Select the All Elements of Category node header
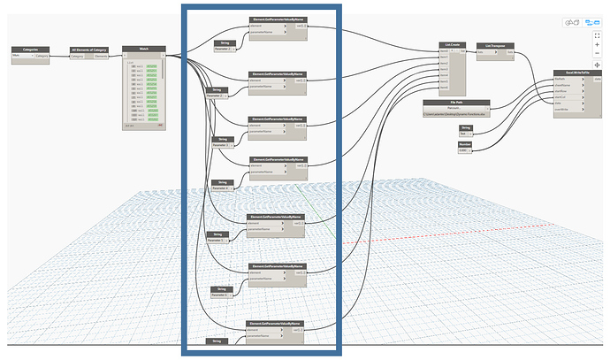tap(89, 50)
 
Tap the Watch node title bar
tap(142, 50)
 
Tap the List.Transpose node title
tap(495, 44)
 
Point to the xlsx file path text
tap(456, 116)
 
